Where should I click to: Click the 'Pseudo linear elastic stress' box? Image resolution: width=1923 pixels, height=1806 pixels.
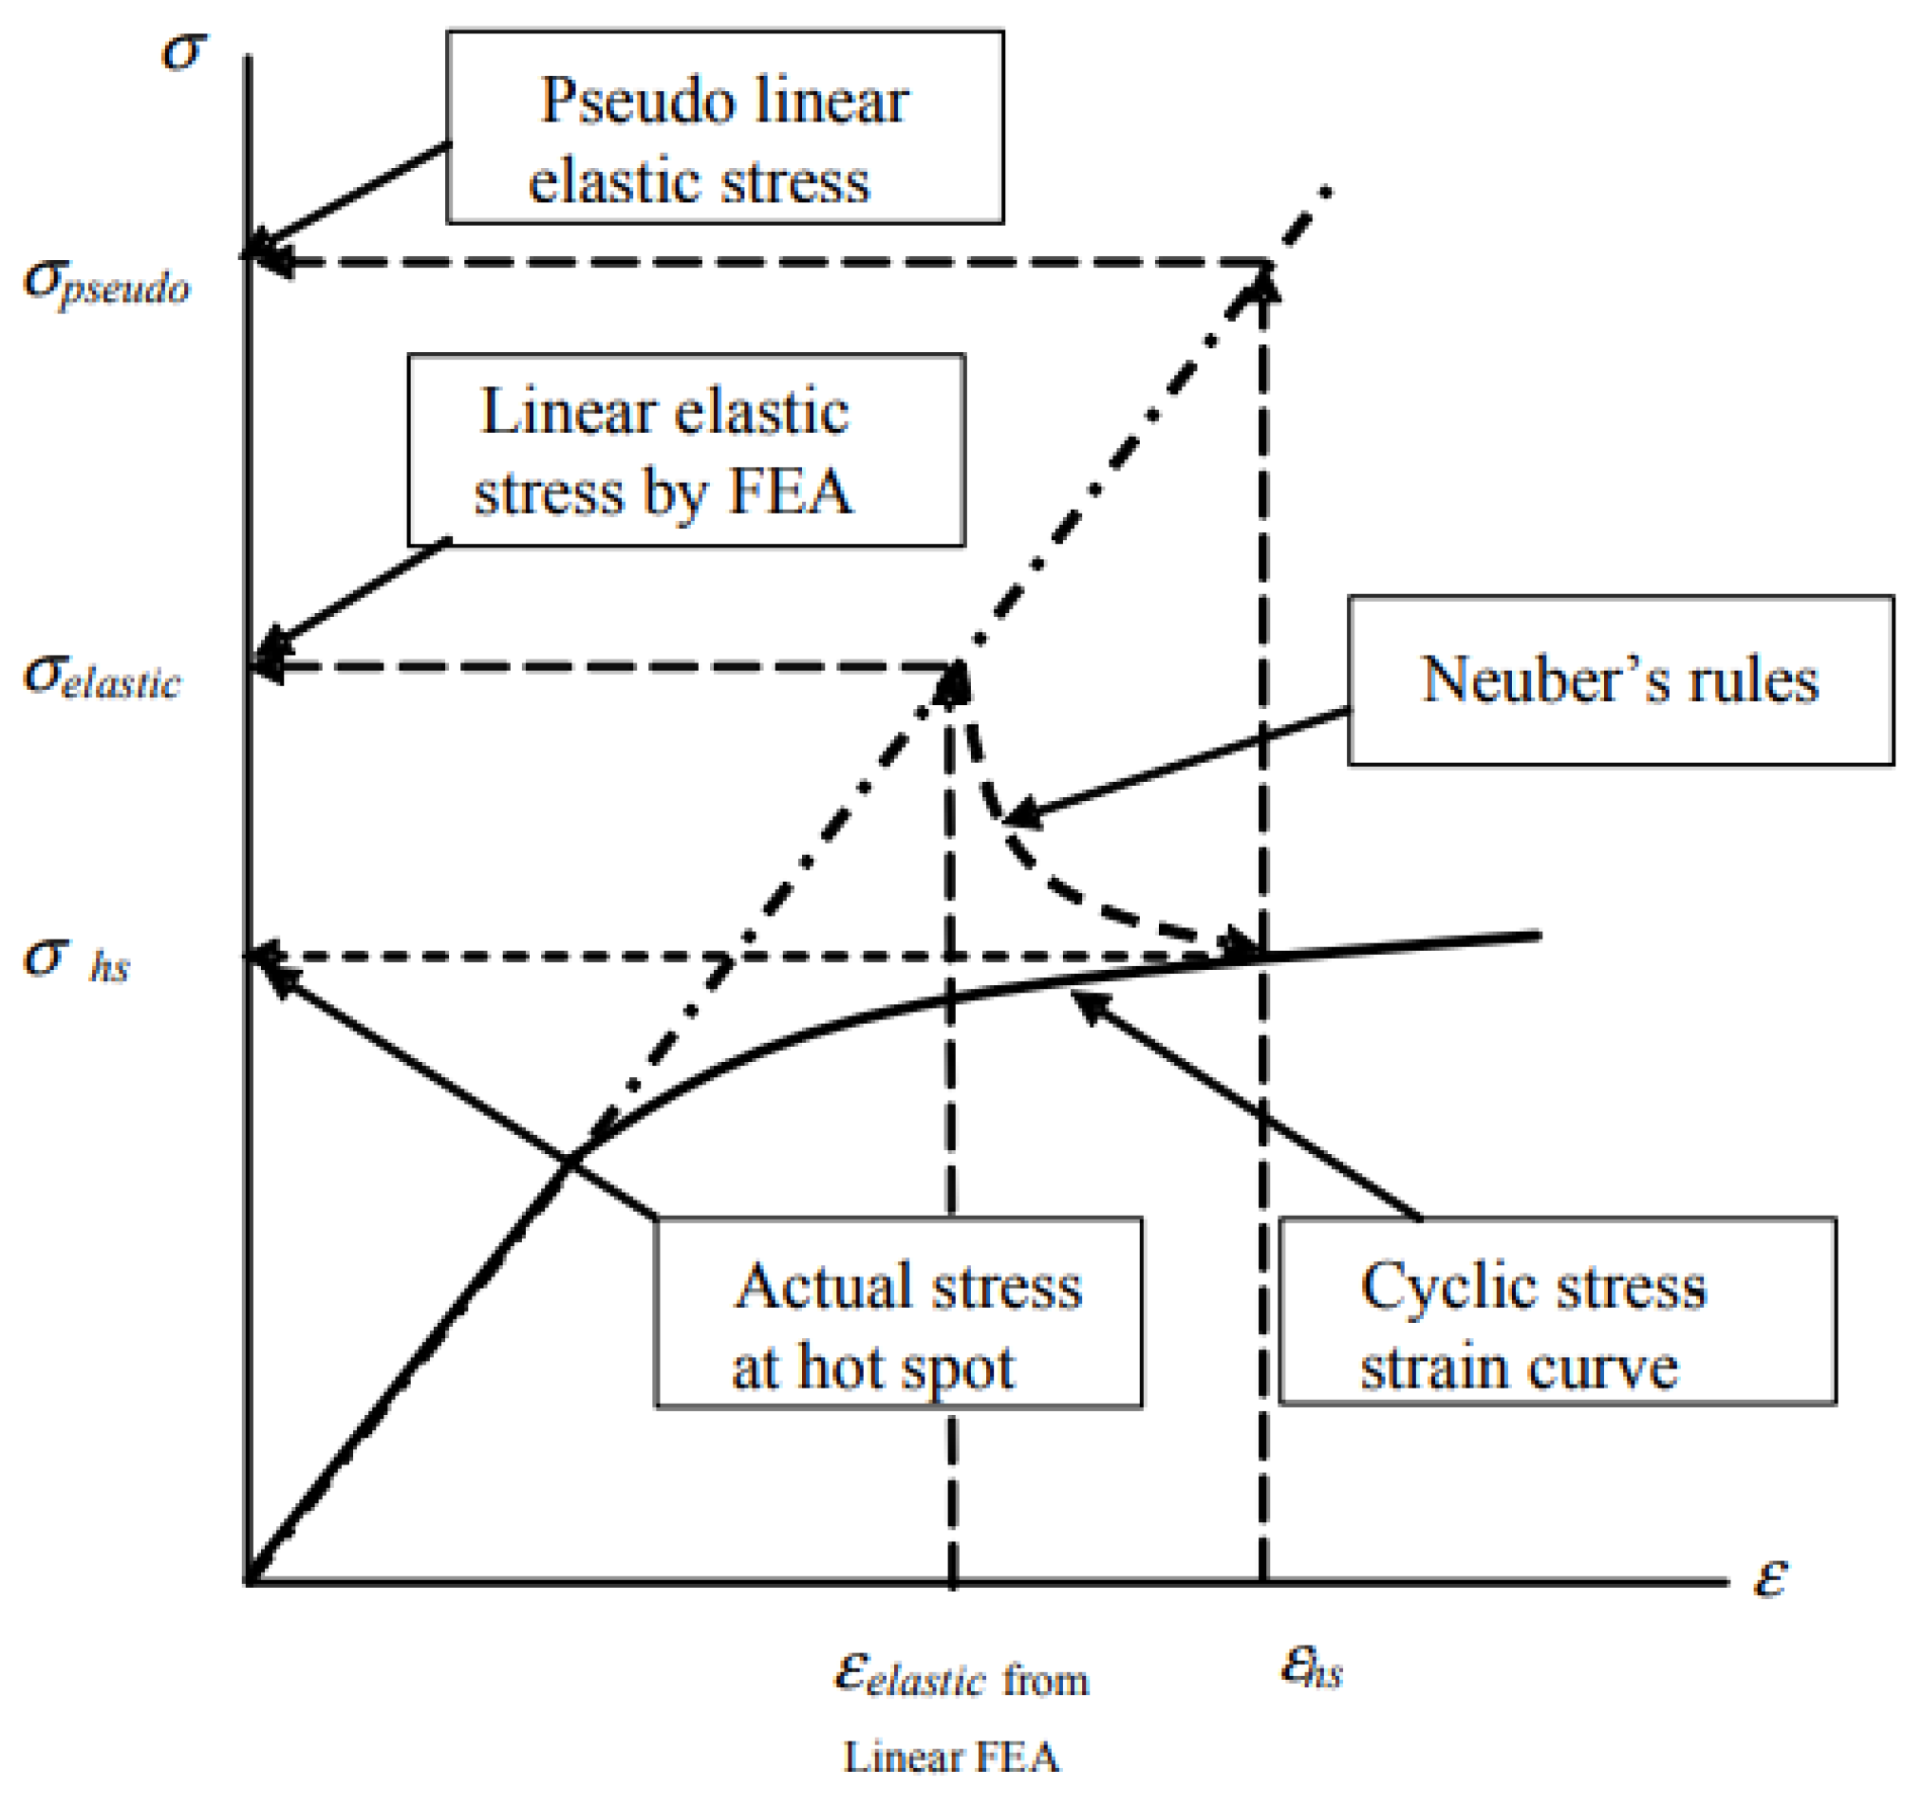click(724, 127)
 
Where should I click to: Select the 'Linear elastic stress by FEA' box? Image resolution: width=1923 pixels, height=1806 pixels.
click(686, 450)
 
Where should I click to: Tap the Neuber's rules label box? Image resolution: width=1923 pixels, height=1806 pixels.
click(1620, 680)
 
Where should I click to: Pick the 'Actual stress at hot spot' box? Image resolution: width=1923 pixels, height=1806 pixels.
click(899, 1313)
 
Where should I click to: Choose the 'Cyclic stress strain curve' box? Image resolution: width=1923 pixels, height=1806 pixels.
click(1557, 1311)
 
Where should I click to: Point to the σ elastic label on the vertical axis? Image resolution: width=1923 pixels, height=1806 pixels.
click(102, 677)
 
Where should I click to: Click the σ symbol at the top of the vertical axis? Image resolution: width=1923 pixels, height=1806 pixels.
click(184, 50)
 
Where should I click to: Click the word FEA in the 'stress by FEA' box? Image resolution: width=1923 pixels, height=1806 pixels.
click(791, 492)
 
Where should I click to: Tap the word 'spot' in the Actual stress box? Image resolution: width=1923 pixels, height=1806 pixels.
click(957, 1368)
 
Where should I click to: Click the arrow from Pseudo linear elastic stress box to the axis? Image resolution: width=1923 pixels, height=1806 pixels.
click(348, 198)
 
